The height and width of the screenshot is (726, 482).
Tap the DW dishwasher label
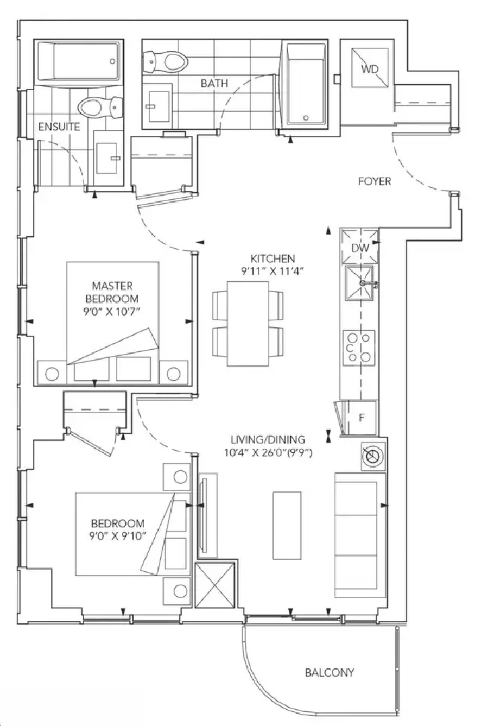(360, 248)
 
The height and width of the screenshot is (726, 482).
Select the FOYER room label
(374, 182)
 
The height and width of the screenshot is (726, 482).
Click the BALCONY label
(329, 672)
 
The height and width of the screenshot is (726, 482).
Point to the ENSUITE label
(59, 126)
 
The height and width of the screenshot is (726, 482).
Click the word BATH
(214, 83)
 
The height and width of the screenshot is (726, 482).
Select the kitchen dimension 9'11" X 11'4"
(272, 272)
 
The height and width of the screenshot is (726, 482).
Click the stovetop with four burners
(359, 348)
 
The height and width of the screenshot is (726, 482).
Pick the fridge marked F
(360, 418)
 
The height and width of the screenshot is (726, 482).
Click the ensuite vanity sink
(108, 158)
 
